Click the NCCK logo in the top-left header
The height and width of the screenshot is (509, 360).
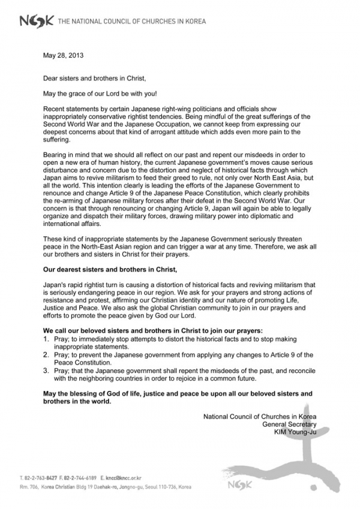tap(36, 22)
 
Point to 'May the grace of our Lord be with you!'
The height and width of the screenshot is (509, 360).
tap(101, 93)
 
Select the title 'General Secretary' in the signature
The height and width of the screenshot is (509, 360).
tap(290, 423)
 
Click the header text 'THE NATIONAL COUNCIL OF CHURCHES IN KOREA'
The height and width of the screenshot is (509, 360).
tap(131, 22)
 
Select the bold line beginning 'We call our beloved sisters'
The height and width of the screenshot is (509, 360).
tap(153, 331)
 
